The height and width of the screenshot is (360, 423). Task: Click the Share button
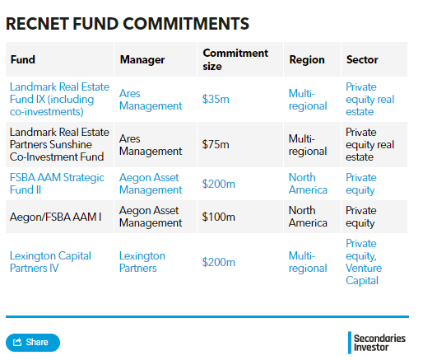click(x=33, y=343)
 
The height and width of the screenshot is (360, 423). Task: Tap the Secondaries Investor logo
click(x=377, y=343)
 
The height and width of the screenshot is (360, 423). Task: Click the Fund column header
click(x=23, y=59)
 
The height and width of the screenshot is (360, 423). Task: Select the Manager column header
click(x=142, y=59)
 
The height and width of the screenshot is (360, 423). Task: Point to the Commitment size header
click(x=235, y=59)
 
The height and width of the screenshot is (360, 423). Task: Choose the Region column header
click(x=307, y=59)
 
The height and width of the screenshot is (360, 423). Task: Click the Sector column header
click(x=362, y=59)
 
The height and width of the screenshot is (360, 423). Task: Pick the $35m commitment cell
click(x=216, y=99)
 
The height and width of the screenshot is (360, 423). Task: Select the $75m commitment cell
click(x=216, y=144)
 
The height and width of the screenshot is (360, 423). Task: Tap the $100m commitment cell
click(x=219, y=217)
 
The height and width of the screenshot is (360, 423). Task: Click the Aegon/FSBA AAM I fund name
click(x=56, y=217)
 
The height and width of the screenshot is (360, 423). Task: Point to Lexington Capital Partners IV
click(x=50, y=262)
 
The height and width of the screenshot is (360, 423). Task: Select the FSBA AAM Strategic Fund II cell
click(x=57, y=184)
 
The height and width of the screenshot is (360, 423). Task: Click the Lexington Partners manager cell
click(x=142, y=262)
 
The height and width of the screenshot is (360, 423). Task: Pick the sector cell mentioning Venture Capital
click(x=364, y=262)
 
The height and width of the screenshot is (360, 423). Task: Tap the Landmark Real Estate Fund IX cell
click(x=59, y=99)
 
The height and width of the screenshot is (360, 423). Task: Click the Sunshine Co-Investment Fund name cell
click(x=59, y=144)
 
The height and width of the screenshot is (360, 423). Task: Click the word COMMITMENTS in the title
click(x=186, y=24)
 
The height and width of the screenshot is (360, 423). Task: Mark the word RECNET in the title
click(x=37, y=24)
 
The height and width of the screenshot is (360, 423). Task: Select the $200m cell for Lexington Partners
click(x=219, y=262)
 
